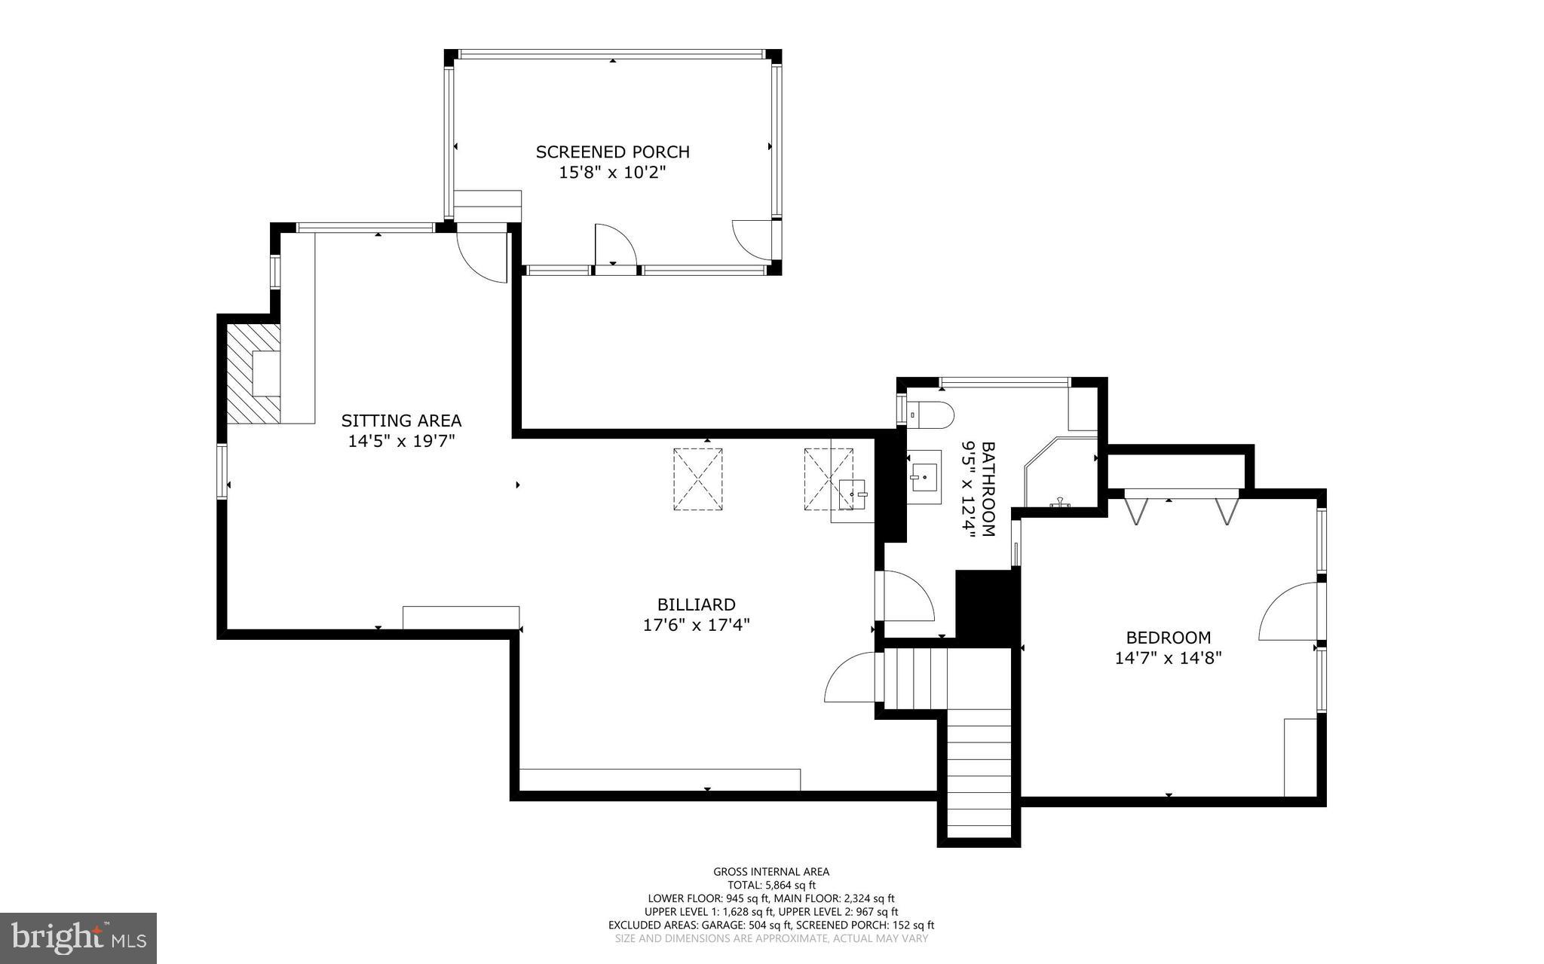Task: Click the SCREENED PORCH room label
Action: pos(612,151)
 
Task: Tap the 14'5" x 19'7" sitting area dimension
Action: pos(401,441)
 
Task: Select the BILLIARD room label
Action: pos(696,604)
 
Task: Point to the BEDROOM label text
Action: pos(1168,638)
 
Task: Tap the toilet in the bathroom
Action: pos(932,415)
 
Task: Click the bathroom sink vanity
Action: pos(924,477)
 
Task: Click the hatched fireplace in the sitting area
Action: pos(253,373)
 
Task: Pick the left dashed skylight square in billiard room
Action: pos(697,479)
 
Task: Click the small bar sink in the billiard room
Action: pos(853,494)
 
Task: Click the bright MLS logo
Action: pos(78,938)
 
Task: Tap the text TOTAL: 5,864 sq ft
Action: pos(771,885)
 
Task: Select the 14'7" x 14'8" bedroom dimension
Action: pos(1168,658)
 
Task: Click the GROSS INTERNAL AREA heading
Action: pos(771,872)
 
